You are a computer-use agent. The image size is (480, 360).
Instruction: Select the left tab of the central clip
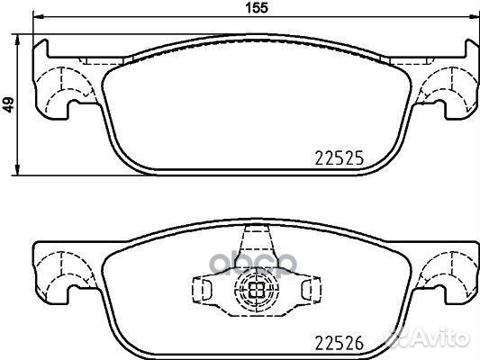click(x=203, y=290)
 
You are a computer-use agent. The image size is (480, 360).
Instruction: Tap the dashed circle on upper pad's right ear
click(x=444, y=85)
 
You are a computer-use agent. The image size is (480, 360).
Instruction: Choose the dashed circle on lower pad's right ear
click(x=444, y=270)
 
